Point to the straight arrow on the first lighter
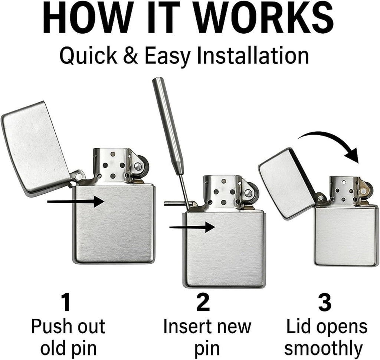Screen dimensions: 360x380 click(76, 202)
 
